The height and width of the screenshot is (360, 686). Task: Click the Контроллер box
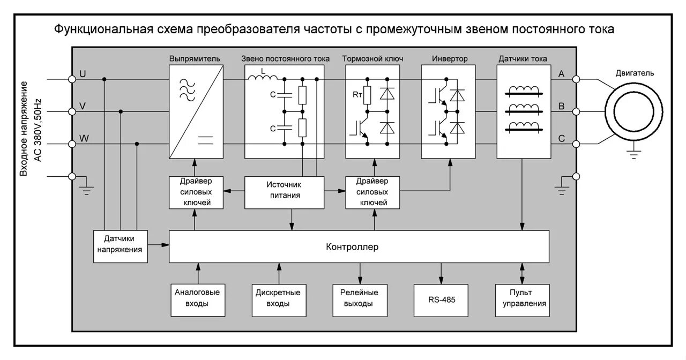tap(359, 247)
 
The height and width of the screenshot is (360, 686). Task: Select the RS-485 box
tap(441, 300)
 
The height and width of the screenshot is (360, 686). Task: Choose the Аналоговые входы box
tap(198, 298)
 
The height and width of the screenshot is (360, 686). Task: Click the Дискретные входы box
tap(278, 298)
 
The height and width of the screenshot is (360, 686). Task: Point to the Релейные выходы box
tap(359, 298)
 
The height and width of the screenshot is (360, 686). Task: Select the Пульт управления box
tap(521, 298)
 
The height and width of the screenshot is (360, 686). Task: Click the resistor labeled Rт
tap(368, 95)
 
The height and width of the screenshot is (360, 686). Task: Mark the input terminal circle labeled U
tap(72, 79)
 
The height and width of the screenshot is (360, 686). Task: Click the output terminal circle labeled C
tap(576, 144)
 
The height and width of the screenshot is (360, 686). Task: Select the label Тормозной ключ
tap(372, 59)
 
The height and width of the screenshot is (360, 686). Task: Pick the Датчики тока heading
tap(523, 59)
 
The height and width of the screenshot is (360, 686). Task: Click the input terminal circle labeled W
tap(72, 144)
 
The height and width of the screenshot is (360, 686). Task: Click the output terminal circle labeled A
tap(576, 79)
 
